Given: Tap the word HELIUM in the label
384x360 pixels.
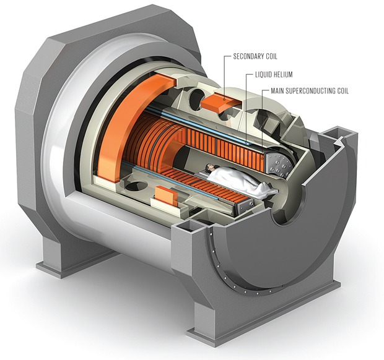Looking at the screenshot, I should [284, 75].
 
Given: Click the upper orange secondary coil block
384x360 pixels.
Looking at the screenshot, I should [220, 101].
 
